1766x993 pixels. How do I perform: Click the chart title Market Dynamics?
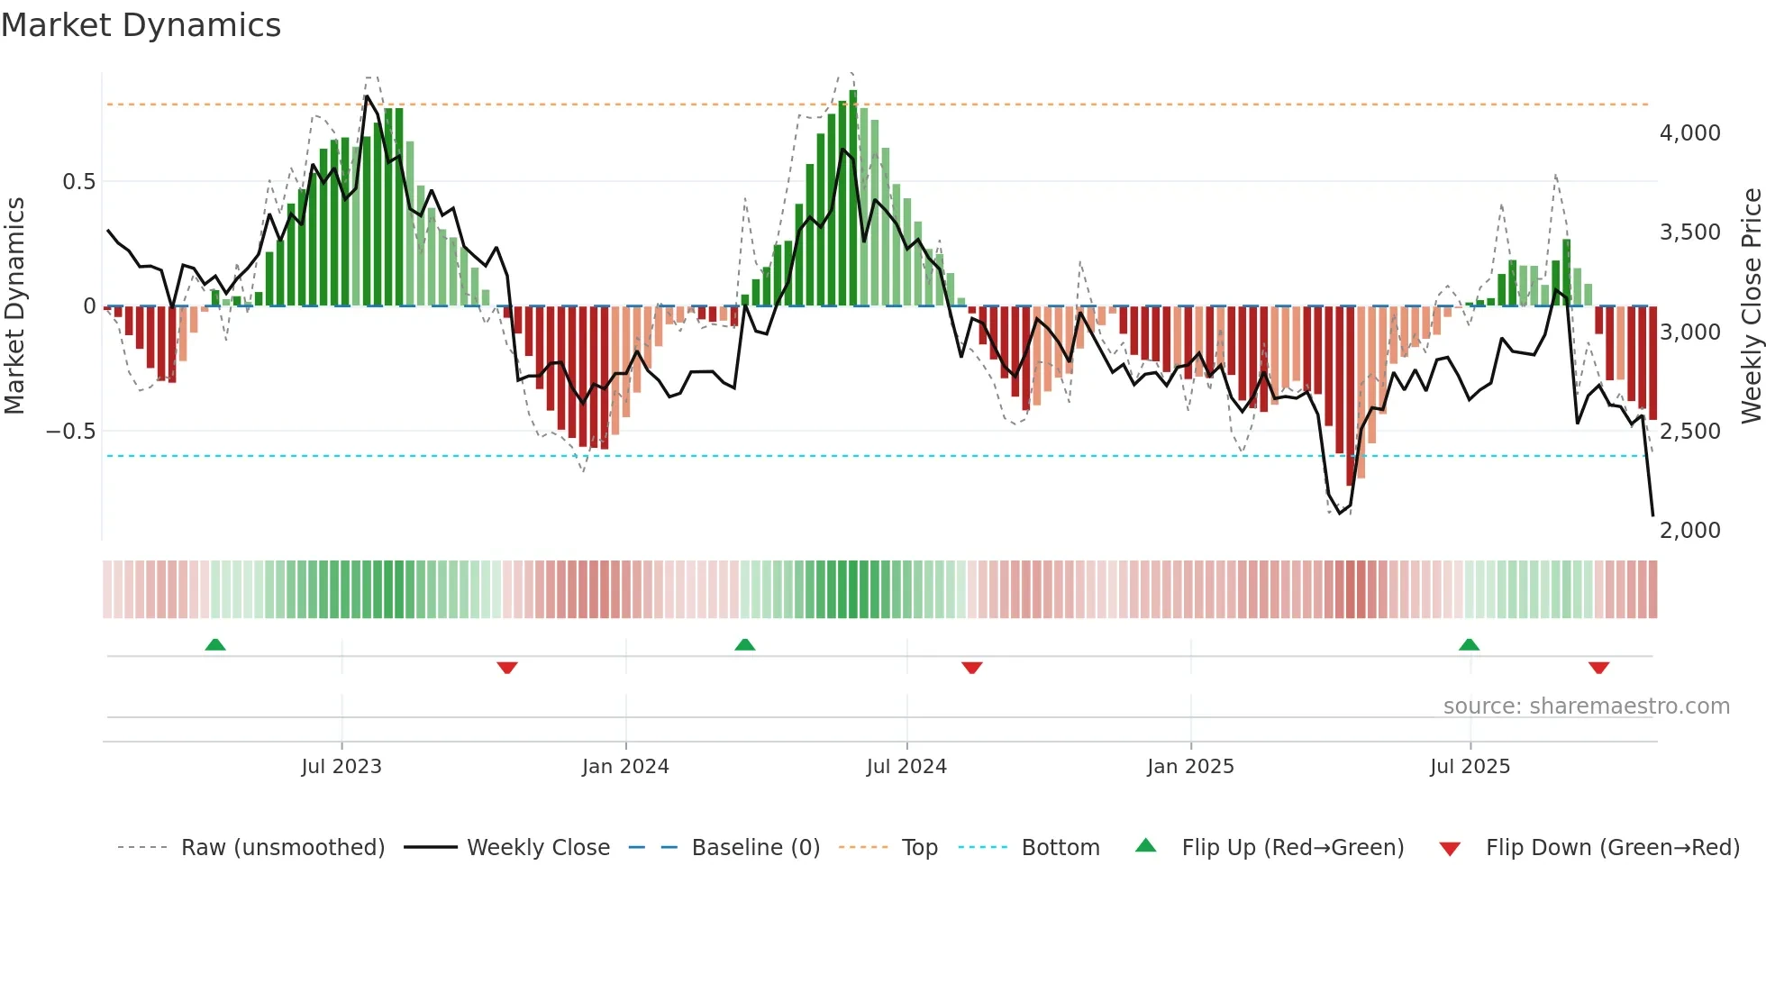tap(141, 25)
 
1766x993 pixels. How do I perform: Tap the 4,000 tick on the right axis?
tap(1689, 133)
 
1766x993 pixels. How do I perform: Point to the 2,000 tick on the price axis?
tap(1689, 530)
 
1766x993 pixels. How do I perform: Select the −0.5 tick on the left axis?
tap(70, 431)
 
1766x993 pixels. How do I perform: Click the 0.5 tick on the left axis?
tap(78, 182)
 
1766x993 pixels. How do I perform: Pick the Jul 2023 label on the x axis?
tap(341, 767)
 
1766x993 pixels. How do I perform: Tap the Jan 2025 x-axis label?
tap(1190, 767)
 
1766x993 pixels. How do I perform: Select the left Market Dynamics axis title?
tap(14, 306)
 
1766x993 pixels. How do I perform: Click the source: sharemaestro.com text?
tap(1586, 706)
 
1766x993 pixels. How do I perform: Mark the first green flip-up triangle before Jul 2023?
tap(215, 645)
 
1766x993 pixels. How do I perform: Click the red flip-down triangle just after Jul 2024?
tap(971, 668)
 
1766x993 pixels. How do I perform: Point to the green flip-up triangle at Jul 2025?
tap(1469, 645)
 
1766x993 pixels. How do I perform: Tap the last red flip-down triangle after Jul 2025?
tap(1598, 668)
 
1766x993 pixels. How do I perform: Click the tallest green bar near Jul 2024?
tap(853, 198)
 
